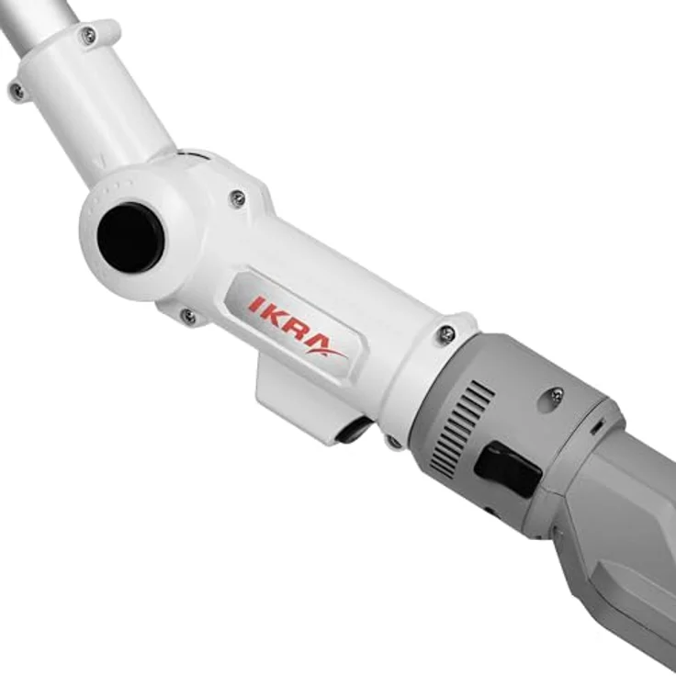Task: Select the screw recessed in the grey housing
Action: click(x=556, y=396)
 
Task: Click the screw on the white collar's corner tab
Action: click(x=446, y=334)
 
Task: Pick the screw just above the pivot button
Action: click(x=238, y=197)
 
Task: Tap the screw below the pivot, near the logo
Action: click(x=188, y=317)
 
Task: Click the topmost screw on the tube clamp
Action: click(x=88, y=36)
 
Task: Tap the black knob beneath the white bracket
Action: click(x=354, y=430)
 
